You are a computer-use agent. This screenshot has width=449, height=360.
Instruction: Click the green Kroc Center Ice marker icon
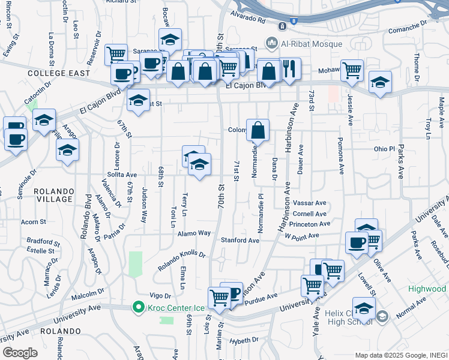point(138,307)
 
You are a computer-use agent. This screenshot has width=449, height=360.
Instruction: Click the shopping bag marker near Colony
point(258,129)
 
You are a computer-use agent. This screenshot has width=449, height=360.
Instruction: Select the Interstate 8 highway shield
point(293,21)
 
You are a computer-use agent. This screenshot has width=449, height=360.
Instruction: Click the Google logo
point(19,353)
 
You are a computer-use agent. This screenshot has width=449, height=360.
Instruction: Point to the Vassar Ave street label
point(309,203)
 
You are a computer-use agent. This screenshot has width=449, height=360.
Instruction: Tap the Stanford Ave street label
point(239,240)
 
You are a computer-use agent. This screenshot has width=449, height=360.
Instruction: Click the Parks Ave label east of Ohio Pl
point(400,161)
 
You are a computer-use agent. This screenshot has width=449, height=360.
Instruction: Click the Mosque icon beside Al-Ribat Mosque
point(271,43)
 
